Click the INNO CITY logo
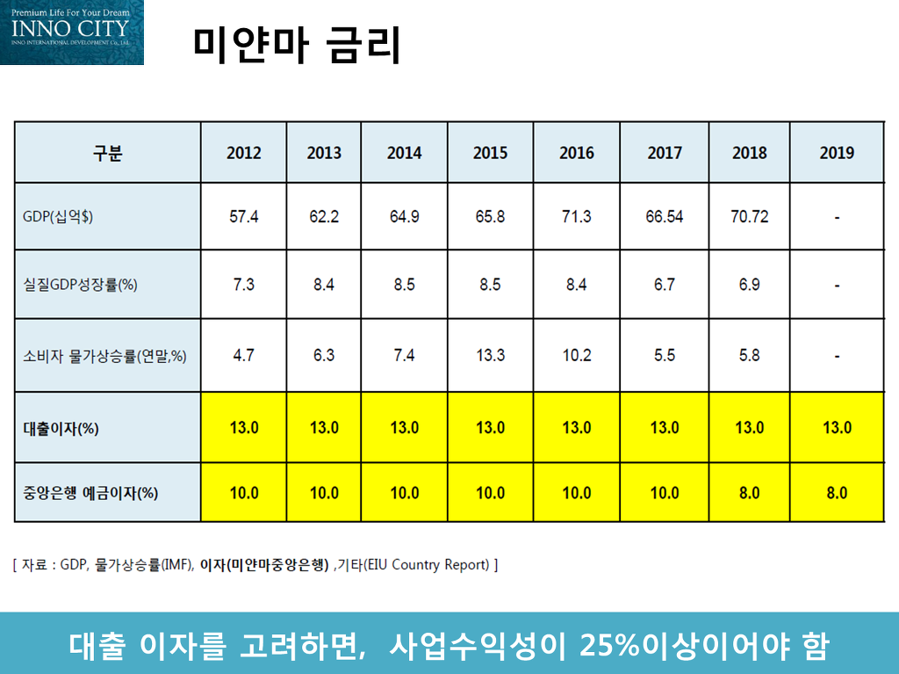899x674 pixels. click(x=71, y=32)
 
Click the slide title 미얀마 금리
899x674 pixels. click(x=297, y=45)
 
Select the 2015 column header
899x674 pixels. click(x=490, y=153)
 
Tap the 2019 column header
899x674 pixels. click(x=837, y=153)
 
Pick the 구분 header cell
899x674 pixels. click(x=107, y=153)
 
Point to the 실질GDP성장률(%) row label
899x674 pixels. click(x=80, y=286)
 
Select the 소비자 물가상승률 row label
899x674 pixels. click(x=104, y=356)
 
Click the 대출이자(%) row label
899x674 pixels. click(x=61, y=429)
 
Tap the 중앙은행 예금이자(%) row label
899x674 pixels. click(x=90, y=493)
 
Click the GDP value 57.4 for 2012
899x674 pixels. click(x=243, y=217)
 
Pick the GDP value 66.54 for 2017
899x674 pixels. click(x=664, y=217)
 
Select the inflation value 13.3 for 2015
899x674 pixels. click(x=490, y=356)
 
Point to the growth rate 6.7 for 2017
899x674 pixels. click(x=664, y=286)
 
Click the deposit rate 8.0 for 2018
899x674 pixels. click(x=749, y=493)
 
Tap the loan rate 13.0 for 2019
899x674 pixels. click(x=837, y=428)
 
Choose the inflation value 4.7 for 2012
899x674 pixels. click(x=243, y=356)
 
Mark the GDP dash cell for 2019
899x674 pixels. click(x=837, y=217)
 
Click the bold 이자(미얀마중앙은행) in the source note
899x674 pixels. click(x=264, y=564)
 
